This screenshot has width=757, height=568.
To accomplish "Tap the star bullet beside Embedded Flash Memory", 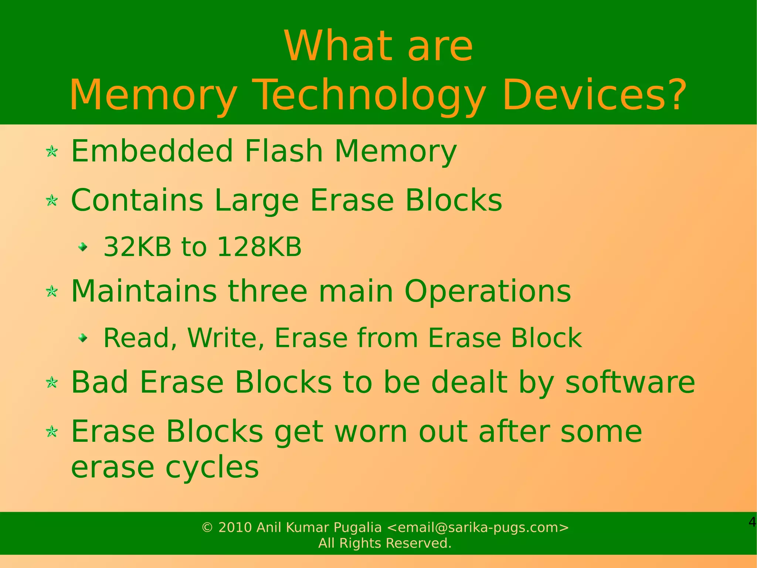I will [x=52, y=151].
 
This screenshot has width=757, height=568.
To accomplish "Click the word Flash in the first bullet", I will [x=284, y=151].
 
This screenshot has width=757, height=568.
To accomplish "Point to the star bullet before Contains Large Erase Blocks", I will [x=52, y=201].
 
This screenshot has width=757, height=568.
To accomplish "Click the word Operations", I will [x=488, y=291].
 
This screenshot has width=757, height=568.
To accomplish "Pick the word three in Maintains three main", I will [x=267, y=291].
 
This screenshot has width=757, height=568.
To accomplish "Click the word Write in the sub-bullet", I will [x=225, y=338].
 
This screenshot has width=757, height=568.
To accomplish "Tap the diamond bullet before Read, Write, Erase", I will [x=83, y=337].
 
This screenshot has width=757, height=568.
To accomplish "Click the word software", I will [x=630, y=382].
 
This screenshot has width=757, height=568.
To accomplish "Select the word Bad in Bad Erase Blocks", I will [x=99, y=382].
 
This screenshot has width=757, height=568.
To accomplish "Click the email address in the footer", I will [x=478, y=527].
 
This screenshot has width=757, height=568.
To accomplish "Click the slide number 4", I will [x=752, y=522].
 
